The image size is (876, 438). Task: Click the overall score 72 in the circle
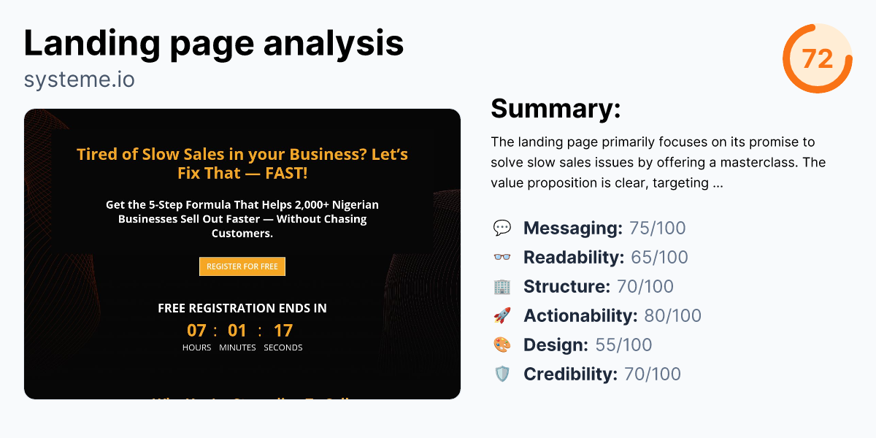[x=817, y=58]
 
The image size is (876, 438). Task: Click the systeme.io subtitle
[x=79, y=79]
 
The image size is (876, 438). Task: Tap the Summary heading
[x=556, y=108]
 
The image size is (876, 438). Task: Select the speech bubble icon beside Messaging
[x=502, y=228]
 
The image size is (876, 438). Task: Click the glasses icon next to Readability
[x=502, y=258]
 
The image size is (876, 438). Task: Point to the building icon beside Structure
[x=502, y=287]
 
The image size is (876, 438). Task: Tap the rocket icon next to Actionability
[x=502, y=316]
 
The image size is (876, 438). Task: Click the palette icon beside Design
[x=502, y=345]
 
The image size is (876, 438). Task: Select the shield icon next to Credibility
[x=502, y=374]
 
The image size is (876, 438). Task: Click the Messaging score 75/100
[x=657, y=228]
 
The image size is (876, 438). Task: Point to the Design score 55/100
[x=623, y=345]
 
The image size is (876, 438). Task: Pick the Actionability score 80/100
[x=672, y=316]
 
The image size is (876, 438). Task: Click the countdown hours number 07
[x=196, y=331]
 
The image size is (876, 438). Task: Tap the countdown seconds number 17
[x=283, y=331]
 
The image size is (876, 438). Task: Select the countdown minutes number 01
[x=237, y=331]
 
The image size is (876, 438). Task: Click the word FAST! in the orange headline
[x=286, y=173]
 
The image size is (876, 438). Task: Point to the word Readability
[x=574, y=258]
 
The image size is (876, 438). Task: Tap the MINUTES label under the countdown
[x=237, y=347]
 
